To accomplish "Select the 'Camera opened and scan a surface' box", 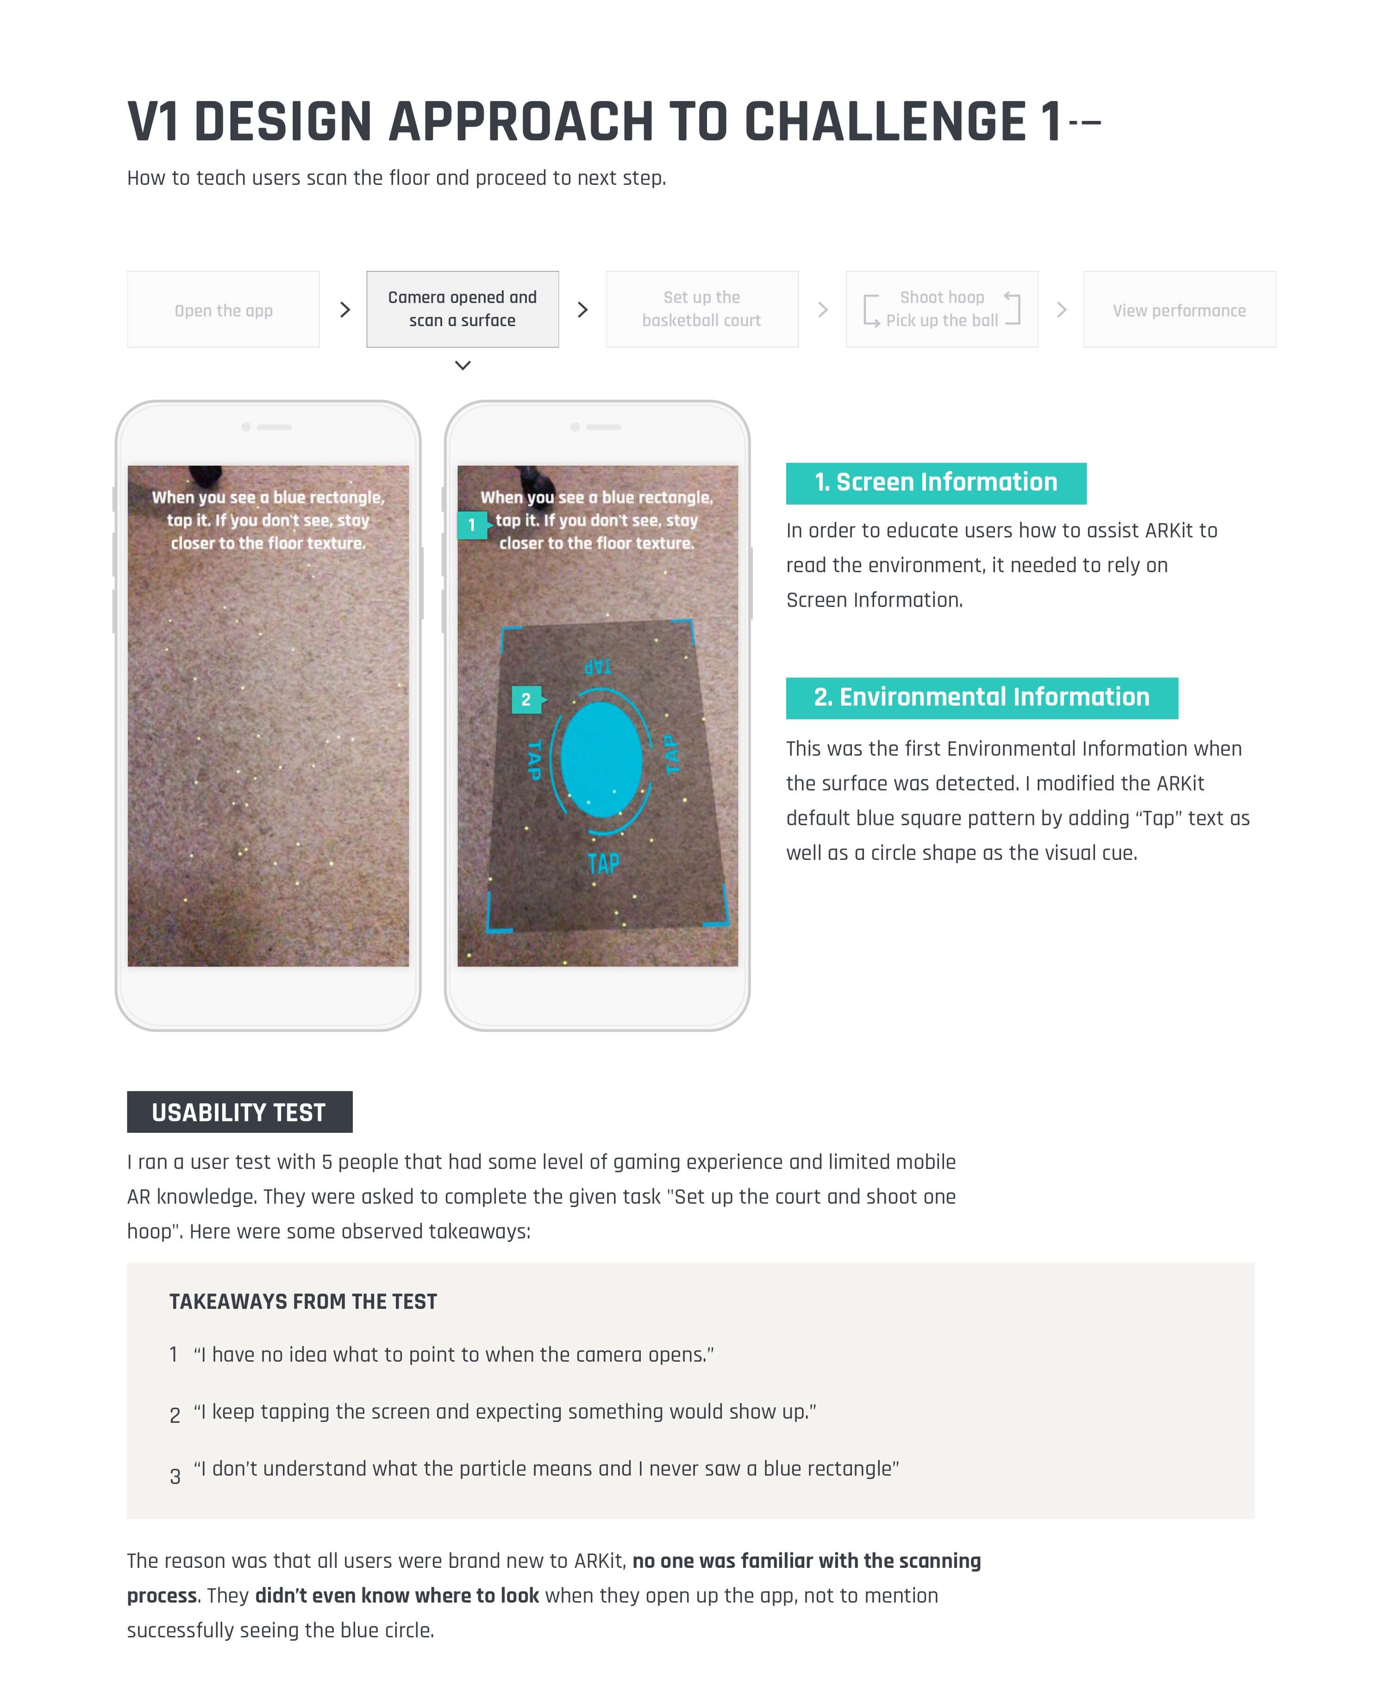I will click(x=463, y=309).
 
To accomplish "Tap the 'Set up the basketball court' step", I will click(x=702, y=309).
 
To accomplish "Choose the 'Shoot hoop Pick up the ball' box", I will click(x=942, y=309).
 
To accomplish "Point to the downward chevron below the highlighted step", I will click(x=463, y=365).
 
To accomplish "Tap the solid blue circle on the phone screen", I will click(x=601, y=759).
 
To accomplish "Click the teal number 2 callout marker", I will click(x=526, y=699).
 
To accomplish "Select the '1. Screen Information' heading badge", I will click(x=935, y=483).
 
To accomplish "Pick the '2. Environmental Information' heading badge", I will click(x=981, y=697).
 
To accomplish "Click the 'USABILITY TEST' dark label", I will click(x=239, y=1112).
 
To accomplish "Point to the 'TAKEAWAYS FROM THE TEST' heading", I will click(x=303, y=1301).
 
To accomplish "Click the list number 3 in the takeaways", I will click(x=175, y=1475).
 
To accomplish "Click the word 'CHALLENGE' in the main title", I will click(x=884, y=122).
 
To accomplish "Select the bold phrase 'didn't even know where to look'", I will click(x=397, y=1595).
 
